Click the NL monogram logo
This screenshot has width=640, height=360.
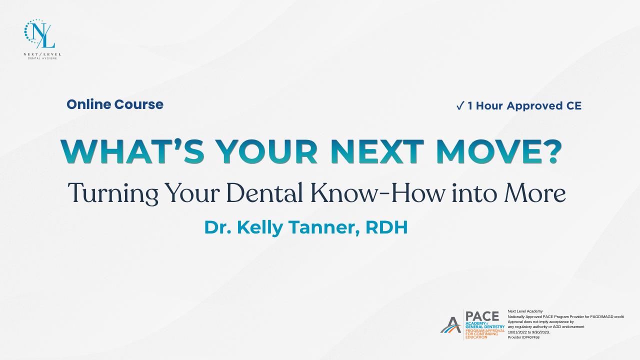[39, 34]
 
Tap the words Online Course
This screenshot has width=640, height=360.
[115, 104]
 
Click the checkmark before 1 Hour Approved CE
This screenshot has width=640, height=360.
[460, 105]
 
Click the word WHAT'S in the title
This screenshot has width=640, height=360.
[132, 151]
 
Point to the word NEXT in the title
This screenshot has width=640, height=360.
[377, 151]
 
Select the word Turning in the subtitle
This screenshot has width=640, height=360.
[113, 193]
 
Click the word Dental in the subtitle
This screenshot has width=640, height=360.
[264, 192]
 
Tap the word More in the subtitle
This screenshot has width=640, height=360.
[535, 193]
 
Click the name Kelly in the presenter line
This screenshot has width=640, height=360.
[260, 228]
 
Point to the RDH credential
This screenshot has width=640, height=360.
[386, 227]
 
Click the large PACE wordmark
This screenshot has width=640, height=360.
[482, 316]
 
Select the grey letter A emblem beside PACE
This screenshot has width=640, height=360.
[450, 325]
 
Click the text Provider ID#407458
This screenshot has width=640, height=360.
[523, 337]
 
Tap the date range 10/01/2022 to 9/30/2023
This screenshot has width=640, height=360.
[529, 332]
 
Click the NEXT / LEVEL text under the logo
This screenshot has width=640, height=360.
[42, 54]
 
